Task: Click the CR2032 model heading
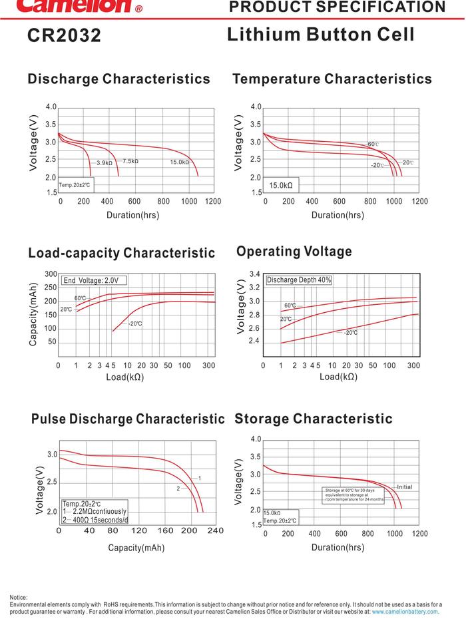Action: [x=64, y=35]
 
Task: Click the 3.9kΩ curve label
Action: [x=105, y=163]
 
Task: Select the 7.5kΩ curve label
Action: [x=130, y=161]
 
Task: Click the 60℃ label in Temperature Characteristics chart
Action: [x=373, y=144]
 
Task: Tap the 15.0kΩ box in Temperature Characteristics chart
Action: [x=280, y=185]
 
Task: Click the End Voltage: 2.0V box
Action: [x=95, y=281]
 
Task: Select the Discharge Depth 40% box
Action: [x=299, y=280]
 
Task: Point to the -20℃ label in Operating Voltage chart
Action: [x=350, y=332]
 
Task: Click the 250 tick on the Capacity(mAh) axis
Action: [x=51, y=288]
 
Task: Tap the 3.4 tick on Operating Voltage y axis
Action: [x=254, y=274]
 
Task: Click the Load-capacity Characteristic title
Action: [x=121, y=253]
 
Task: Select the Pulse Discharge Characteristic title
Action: [x=128, y=419]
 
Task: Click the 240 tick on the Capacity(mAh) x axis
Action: [x=215, y=530]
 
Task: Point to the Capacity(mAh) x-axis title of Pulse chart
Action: [x=136, y=548]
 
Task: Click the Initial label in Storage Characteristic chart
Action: [x=404, y=487]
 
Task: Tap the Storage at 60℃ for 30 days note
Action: [x=354, y=495]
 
